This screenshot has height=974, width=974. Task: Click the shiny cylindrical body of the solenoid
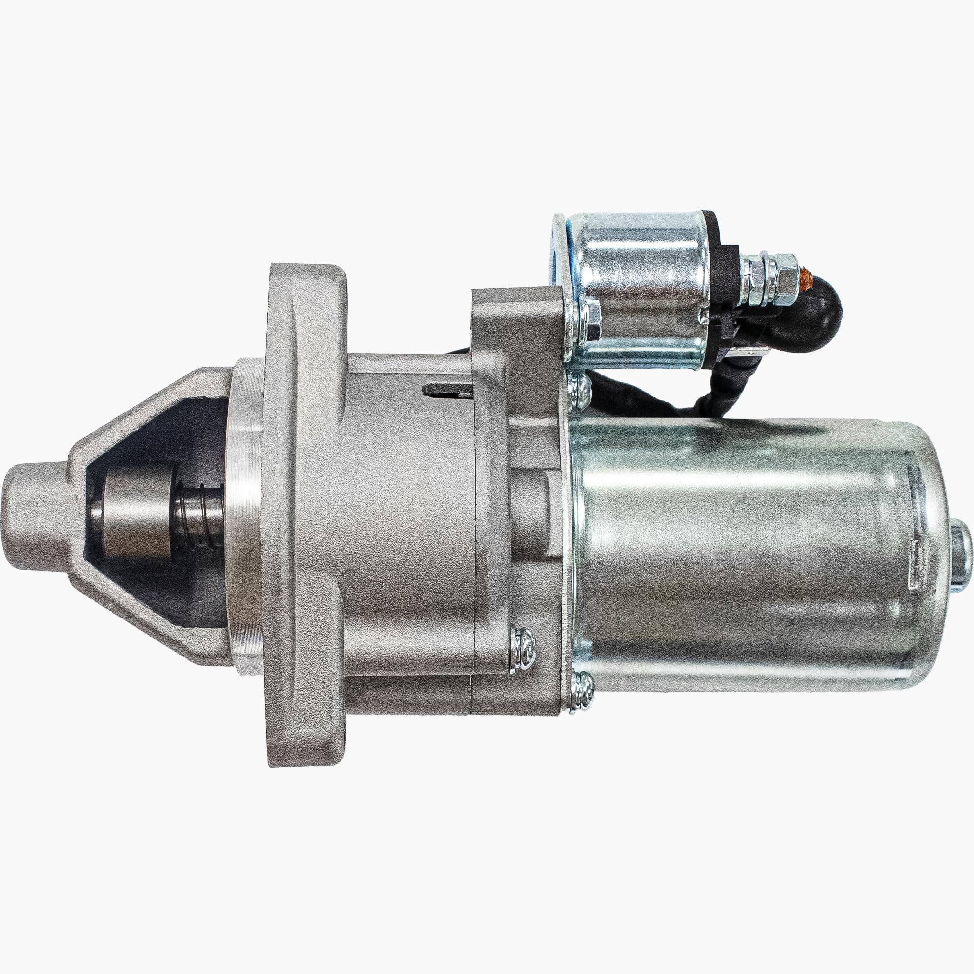point(640,282)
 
